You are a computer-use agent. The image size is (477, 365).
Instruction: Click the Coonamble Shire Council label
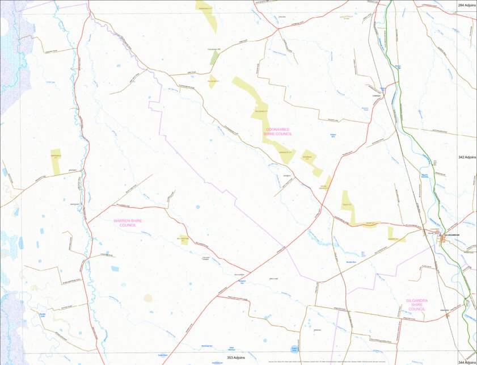(x=278, y=131)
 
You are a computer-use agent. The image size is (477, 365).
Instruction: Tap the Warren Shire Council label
(x=128, y=223)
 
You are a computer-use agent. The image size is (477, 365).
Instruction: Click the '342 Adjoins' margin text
(x=467, y=157)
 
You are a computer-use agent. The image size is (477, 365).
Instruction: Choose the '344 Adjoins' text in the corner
(x=467, y=362)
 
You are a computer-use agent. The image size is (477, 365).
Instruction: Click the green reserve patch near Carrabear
(x=214, y=57)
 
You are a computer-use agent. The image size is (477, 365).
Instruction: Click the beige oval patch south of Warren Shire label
(x=148, y=297)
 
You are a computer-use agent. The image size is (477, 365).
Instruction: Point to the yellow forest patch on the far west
(x=56, y=161)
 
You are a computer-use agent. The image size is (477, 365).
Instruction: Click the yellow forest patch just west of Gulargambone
(x=392, y=233)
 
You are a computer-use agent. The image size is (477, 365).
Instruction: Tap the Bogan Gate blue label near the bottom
(x=294, y=349)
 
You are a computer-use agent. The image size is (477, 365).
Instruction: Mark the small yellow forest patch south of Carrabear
(x=212, y=81)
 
